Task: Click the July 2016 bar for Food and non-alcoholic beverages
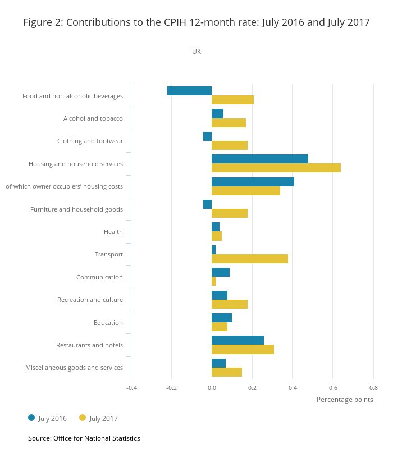189,91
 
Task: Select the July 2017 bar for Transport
250,259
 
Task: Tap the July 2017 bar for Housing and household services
276,168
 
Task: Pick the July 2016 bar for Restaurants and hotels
237,340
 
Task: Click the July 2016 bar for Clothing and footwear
207,136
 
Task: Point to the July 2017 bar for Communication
213,281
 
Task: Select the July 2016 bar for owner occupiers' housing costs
253,182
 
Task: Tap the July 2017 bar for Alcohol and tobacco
229,123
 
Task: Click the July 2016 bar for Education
222,318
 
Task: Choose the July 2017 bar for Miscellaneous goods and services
227,372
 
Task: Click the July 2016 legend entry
48,418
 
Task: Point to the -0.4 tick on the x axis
131,387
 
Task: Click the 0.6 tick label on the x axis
333,387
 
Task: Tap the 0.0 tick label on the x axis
212,387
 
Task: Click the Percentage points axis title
345,400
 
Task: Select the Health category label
113,232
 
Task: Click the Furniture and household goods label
76,209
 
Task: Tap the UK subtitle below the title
196,51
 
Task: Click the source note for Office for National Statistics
84,438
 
